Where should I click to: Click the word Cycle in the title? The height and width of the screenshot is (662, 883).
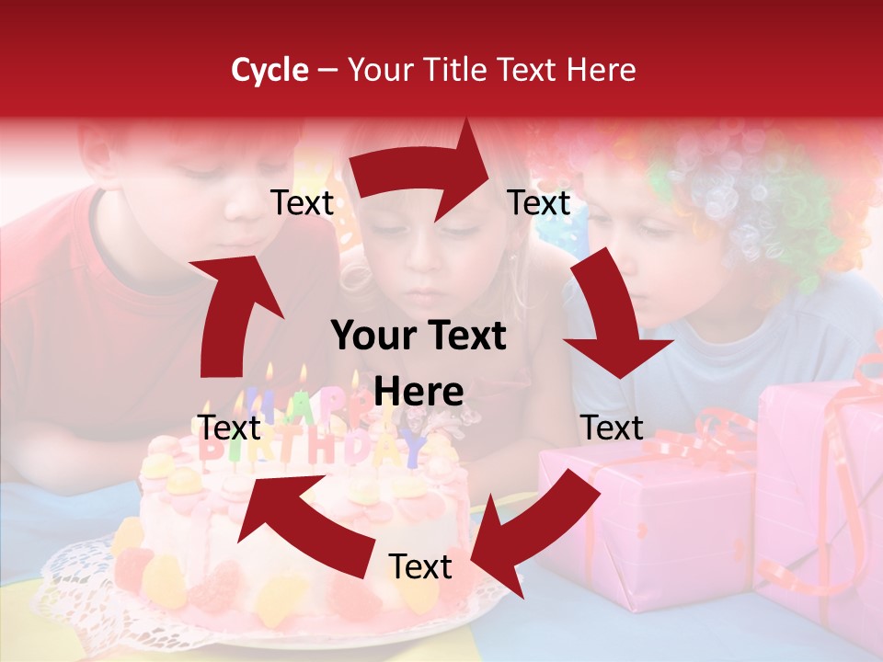click(x=269, y=70)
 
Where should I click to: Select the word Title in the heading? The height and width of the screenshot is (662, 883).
click(x=456, y=70)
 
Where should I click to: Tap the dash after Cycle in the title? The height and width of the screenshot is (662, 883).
click(x=327, y=71)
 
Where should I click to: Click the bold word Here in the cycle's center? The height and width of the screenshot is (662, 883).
click(x=419, y=392)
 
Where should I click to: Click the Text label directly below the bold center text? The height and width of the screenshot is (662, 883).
click(x=420, y=567)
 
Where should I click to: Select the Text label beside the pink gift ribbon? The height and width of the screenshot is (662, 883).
click(x=612, y=428)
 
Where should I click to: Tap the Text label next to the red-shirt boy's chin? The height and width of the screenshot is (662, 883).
click(x=303, y=203)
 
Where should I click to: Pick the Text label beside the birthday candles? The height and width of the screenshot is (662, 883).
click(x=230, y=428)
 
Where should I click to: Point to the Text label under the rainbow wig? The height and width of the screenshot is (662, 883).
click(x=539, y=203)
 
